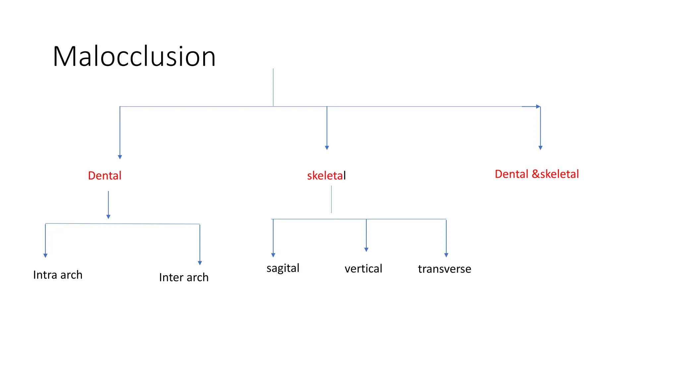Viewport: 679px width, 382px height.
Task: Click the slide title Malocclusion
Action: (134, 56)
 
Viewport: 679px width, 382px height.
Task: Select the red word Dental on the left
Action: (104, 175)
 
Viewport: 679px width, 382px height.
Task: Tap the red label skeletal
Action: (326, 175)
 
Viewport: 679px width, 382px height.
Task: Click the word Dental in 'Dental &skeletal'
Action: (511, 174)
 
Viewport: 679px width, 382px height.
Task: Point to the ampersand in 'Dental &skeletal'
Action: (535, 174)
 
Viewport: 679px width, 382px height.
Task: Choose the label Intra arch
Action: (58, 275)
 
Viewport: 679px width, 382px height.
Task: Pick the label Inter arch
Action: (184, 277)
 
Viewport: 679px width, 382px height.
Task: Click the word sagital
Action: (283, 268)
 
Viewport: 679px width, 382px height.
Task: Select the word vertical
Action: (363, 269)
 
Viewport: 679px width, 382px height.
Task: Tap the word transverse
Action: (444, 269)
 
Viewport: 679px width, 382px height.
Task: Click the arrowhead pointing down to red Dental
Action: (120, 157)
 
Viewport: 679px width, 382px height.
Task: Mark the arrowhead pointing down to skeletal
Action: (327, 148)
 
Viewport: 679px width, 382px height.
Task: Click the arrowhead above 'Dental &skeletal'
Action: (540, 148)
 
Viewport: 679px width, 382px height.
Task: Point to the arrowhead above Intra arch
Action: (45, 255)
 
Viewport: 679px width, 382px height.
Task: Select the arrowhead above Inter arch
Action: (200, 263)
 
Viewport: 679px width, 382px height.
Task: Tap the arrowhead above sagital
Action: (273, 255)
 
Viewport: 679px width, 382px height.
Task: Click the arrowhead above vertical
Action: (366, 249)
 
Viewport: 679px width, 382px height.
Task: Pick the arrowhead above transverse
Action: (446, 255)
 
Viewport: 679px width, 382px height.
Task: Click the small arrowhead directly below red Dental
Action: (108, 217)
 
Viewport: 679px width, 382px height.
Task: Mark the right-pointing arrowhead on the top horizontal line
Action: (538, 106)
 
